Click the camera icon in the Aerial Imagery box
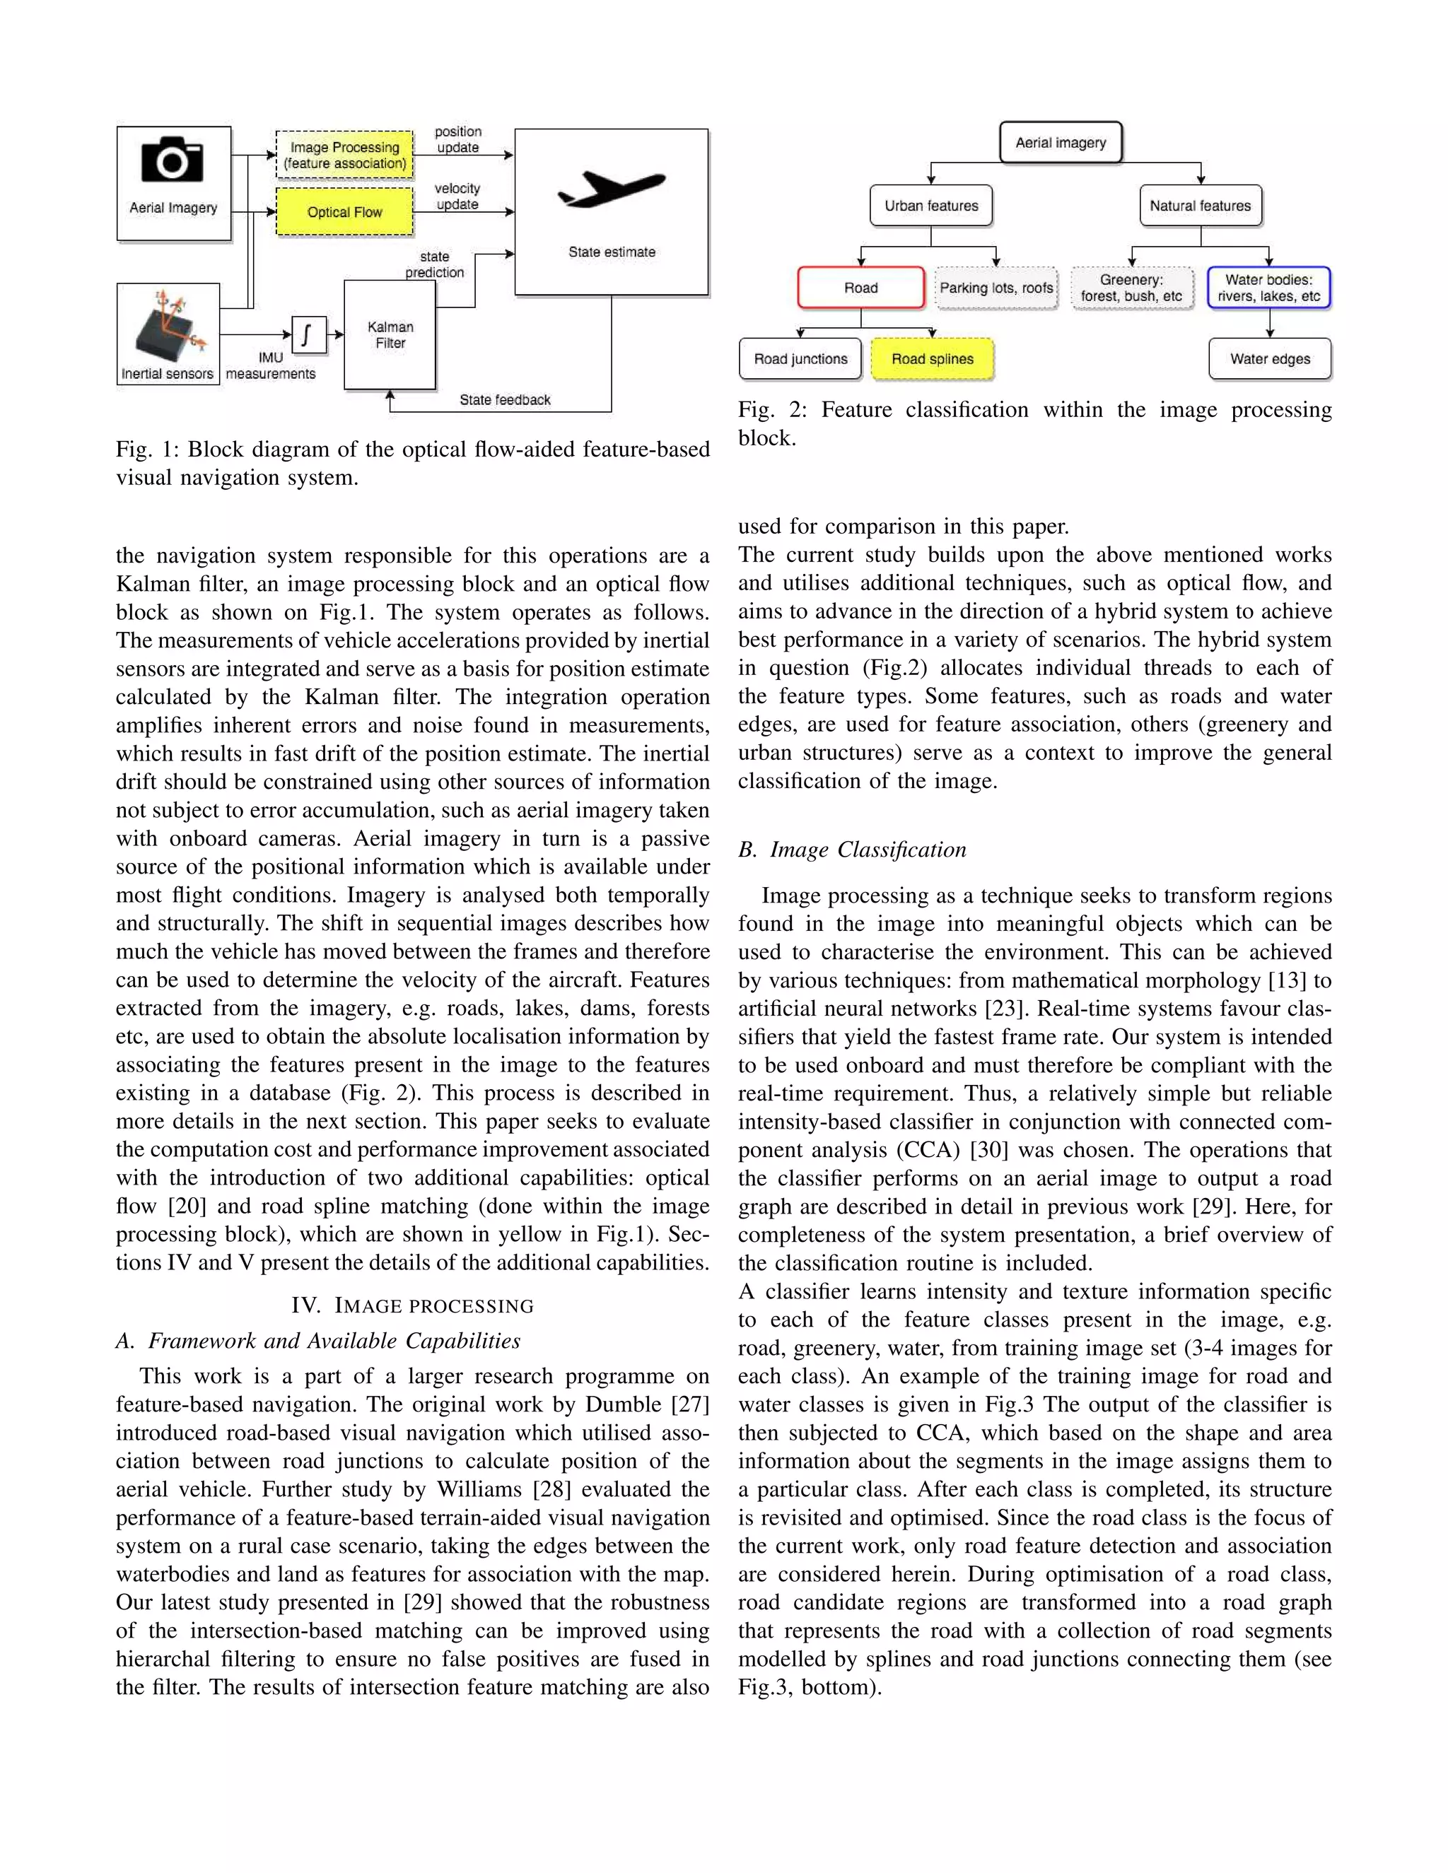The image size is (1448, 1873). tap(173, 160)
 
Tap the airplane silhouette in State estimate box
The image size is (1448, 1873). tap(611, 189)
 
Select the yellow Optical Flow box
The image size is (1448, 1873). tap(345, 212)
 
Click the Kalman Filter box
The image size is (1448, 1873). tap(390, 335)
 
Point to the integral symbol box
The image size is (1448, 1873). tap(309, 334)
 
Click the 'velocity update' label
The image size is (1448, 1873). tap(457, 196)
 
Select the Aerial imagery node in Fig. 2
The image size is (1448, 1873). tap(1061, 142)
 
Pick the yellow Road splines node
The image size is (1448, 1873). tap(933, 359)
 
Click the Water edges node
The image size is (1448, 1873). tap(1270, 359)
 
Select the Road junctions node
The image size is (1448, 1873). tap(800, 359)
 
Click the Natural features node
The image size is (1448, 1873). tap(1200, 206)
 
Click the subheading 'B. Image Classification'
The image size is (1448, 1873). tap(852, 850)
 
